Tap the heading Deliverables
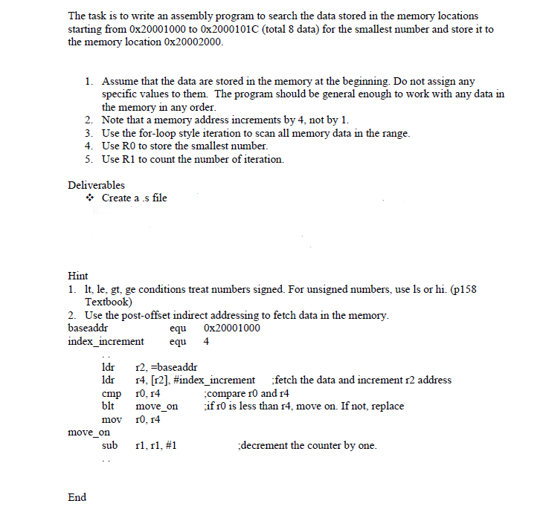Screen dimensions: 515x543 pos(96,184)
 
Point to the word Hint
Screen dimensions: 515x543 pos(77,276)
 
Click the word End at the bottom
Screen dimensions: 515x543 pos(77,497)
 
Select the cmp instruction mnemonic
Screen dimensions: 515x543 pos(111,393)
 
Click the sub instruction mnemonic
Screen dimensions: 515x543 pos(109,445)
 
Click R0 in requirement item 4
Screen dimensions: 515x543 pos(130,146)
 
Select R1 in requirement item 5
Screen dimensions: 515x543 pos(130,159)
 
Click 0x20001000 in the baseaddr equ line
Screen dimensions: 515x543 pos(231,328)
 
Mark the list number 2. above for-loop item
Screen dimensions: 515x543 pos(89,120)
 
